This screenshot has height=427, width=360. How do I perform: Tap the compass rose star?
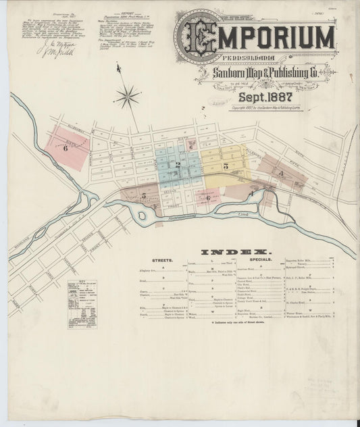coord(126,98)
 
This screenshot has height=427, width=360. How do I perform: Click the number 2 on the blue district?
coord(178,165)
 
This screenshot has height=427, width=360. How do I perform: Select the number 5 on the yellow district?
coord(226,166)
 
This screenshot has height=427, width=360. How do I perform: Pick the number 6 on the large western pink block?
coord(66,147)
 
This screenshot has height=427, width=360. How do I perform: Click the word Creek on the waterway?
coord(243,214)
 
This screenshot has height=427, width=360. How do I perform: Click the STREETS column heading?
coord(163,259)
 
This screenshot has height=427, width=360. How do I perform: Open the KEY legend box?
coord(82,304)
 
